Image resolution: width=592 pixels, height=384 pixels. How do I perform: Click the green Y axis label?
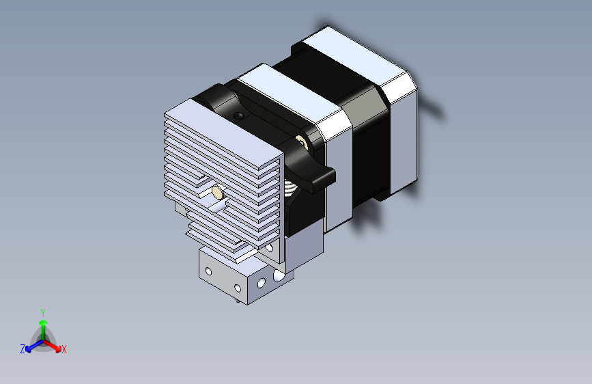(x=43, y=312)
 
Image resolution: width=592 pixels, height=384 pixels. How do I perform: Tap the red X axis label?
(x=64, y=349)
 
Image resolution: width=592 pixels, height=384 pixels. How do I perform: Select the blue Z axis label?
(x=23, y=349)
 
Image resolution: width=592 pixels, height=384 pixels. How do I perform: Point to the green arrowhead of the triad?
(x=44, y=323)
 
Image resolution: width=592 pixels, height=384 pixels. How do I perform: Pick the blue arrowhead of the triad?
(x=28, y=349)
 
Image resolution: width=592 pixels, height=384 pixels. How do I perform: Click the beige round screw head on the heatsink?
(x=217, y=192)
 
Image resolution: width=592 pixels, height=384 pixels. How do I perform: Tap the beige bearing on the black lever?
(x=301, y=141)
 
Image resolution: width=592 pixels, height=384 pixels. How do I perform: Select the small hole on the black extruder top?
(x=238, y=115)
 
